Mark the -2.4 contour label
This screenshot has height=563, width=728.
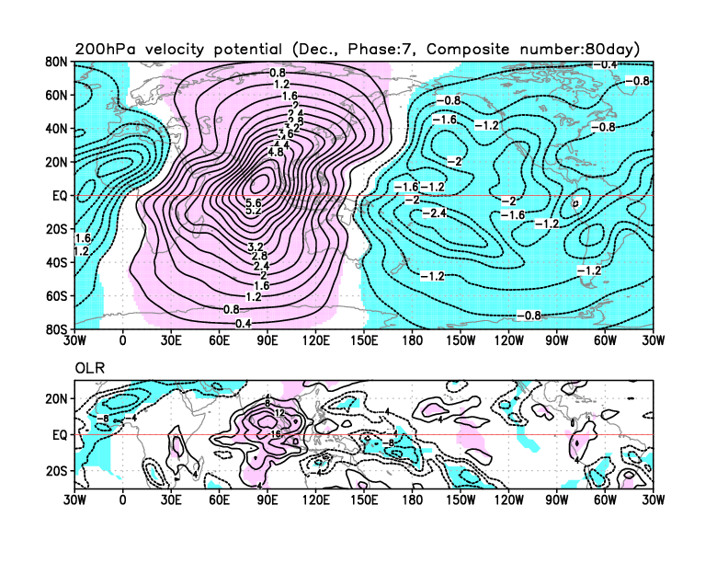click(x=434, y=213)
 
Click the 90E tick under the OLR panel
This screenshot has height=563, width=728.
click(x=267, y=500)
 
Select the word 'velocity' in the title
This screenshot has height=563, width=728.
click(x=184, y=48)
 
